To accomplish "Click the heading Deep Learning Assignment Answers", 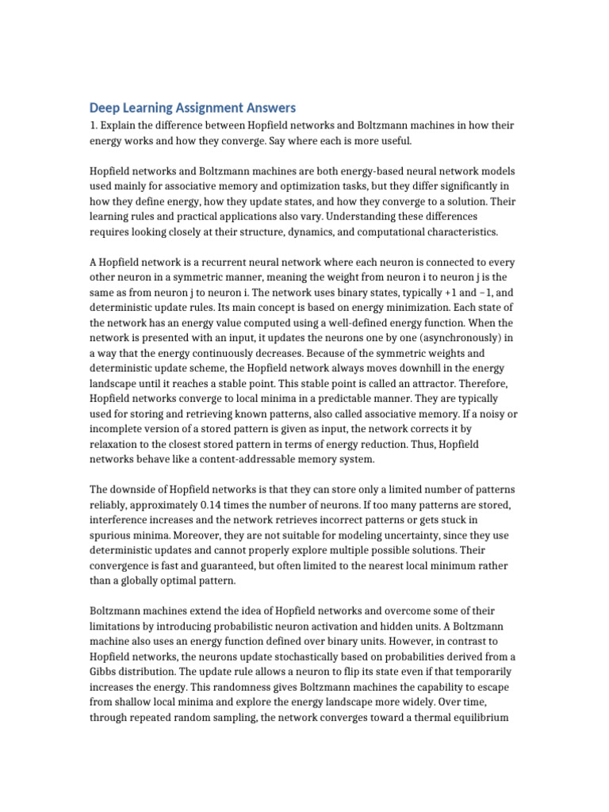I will point(192,107).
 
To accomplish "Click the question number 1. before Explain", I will point(93,125).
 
